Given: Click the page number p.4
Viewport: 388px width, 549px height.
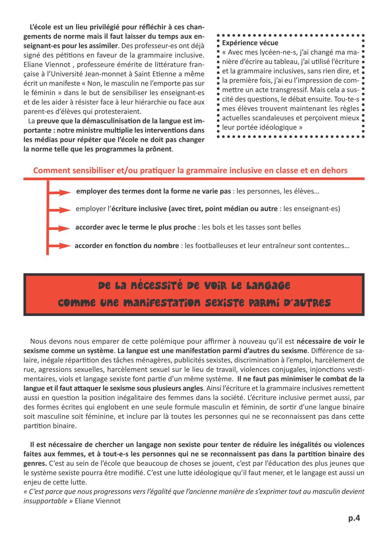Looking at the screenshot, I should tap(354, 518).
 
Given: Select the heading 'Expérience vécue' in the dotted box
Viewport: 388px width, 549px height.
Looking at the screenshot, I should tap(250, 43).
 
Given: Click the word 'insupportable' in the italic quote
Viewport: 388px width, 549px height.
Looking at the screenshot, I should tap(45, 501).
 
